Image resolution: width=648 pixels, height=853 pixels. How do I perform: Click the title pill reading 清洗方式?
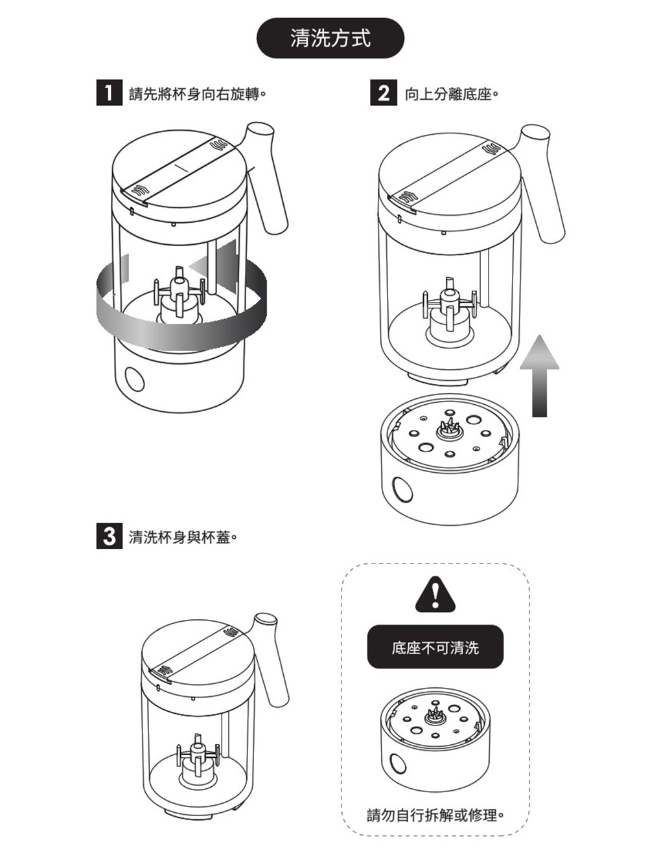(330, 39)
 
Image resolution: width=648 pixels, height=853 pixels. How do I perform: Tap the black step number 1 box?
(109, 94)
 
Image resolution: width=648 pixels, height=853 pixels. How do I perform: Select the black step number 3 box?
(109, 537)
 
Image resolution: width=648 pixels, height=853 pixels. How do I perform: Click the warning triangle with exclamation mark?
(435, 595)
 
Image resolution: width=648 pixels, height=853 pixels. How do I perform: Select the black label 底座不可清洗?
(435, 647)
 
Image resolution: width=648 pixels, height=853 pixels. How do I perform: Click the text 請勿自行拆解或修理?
(435, 813)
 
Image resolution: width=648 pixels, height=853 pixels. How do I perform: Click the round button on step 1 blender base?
(135, 378)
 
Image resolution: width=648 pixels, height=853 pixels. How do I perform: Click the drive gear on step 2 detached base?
(447, 427)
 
